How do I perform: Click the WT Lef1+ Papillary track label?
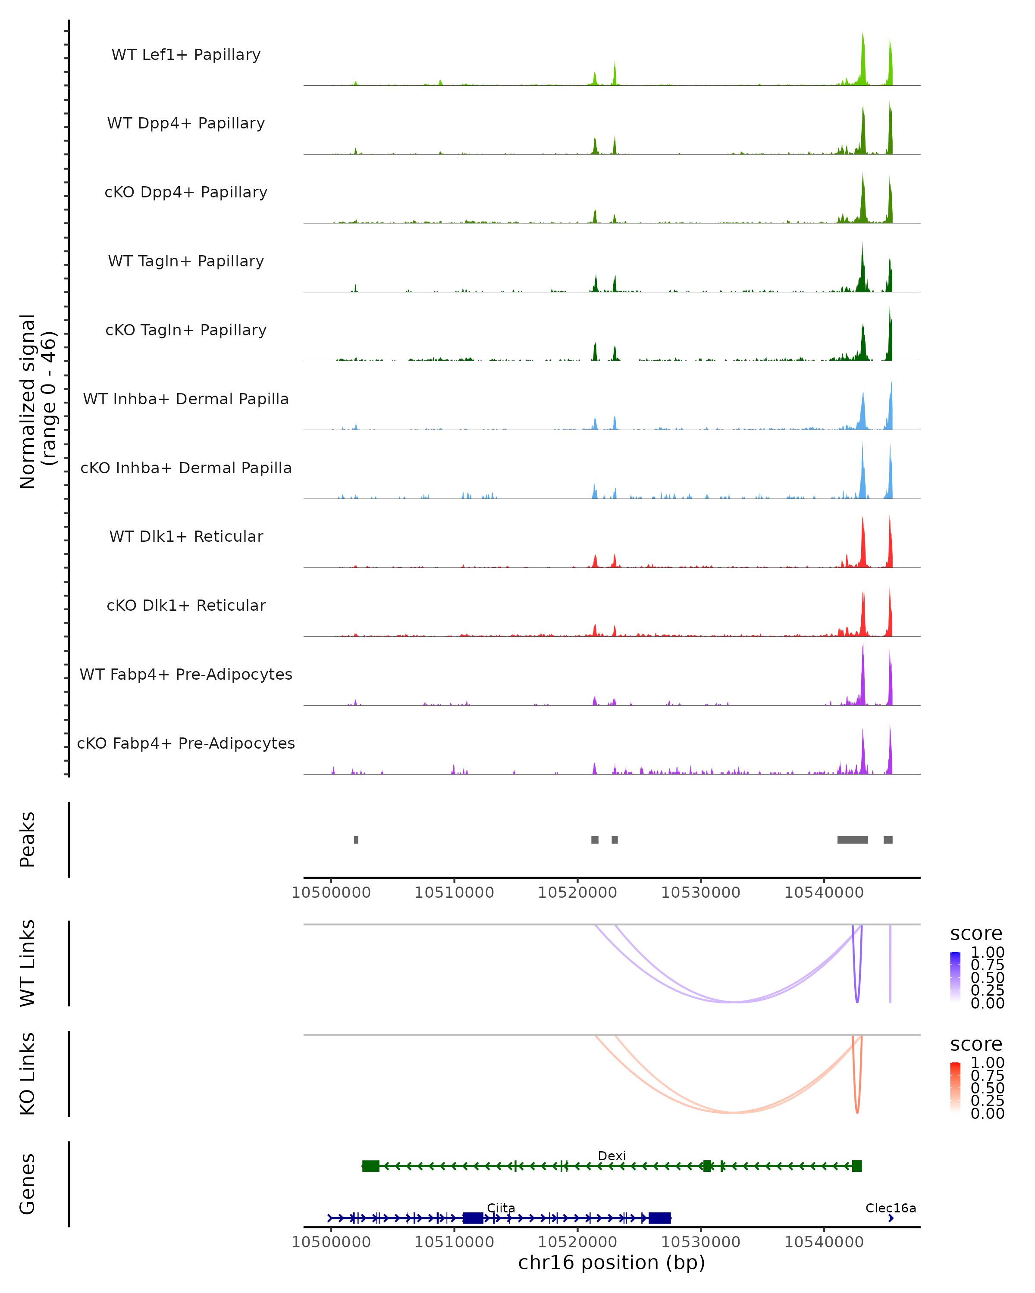(186, 55)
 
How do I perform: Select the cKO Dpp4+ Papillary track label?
(186, 192)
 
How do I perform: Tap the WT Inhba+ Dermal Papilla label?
(186, 399)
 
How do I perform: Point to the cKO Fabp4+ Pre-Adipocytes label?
(186, 743)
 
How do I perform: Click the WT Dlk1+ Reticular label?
(186, 536)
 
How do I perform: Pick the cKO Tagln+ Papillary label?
(186, 330)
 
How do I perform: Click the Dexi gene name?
(612, 1156)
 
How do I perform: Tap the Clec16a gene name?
(891, 1208)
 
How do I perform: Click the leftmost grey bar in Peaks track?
(356, 840)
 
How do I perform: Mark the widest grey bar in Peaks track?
(852, 840)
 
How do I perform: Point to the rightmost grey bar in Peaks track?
(888, 840)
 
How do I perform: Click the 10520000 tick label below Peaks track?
(577, 893)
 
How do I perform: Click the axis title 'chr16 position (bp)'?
(612, 1263)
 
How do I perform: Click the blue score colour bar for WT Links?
(955, 977)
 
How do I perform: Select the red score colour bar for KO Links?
(955, 1087)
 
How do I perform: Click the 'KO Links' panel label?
(27, 1074)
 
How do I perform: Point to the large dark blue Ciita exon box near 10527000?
(659, 1218)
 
